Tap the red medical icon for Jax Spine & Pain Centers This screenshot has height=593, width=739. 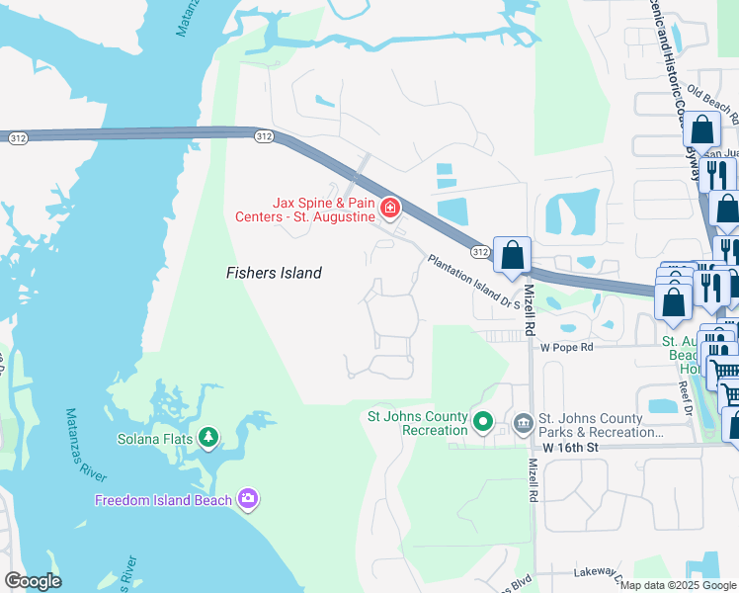click(x=390, y=208)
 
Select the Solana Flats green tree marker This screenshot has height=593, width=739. click(x=207, y=436)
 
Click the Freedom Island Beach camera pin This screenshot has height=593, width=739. click(x=247, y=499)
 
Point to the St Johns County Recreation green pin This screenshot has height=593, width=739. click(x=483, y=422)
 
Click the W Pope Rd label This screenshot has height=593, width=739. click(x=566, y=348)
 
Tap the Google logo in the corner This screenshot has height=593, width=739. click(x=33, y=581)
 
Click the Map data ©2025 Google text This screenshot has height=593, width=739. click(x=679, y=585)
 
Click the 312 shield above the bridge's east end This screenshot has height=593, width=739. click(x=263, y=135)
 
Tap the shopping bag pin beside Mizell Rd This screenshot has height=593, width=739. click(x=513, y=256)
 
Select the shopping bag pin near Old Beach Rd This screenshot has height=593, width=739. click(x=701, y=130)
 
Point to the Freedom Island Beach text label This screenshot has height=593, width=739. click(x=163, y=500)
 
